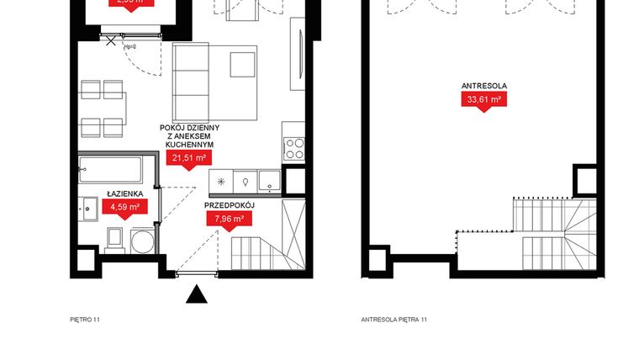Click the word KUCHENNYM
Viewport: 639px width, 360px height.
coord(187,144)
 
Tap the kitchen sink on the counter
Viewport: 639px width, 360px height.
coord(268,181)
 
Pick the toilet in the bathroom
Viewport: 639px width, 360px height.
coord(117,239)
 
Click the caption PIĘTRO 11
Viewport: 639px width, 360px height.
coord(85,320)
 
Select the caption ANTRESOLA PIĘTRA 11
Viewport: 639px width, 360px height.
coord(393,320)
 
